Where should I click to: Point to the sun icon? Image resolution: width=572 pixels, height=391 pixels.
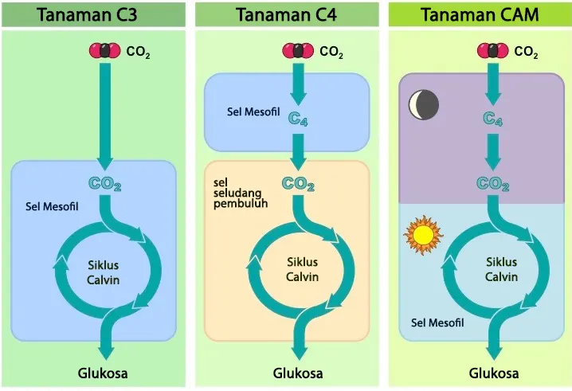421,234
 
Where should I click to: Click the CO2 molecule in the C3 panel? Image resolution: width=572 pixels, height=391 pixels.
105,52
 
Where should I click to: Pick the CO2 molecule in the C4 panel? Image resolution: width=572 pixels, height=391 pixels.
299,52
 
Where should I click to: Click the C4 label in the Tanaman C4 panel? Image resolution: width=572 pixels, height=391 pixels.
298,120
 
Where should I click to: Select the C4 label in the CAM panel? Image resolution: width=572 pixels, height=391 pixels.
493,120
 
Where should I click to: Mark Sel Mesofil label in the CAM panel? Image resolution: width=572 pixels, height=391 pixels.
437,323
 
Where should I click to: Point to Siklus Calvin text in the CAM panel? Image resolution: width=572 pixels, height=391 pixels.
501,269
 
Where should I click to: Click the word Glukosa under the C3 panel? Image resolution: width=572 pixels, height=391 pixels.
103,373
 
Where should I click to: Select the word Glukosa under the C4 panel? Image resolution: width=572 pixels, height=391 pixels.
298,373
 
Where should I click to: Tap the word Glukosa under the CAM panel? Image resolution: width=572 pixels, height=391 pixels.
494,373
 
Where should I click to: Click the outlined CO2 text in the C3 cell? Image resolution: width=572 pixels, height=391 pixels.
105,185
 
